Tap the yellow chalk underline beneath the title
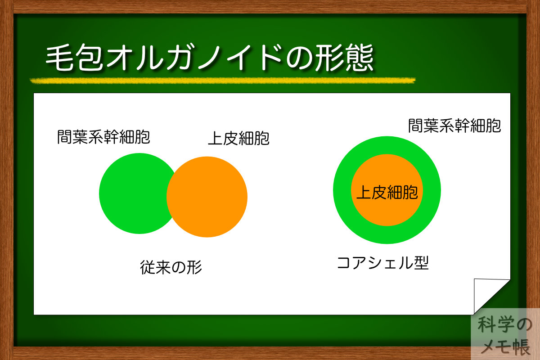(x=223, y=81)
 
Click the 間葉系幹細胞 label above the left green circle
(x=103, y=136)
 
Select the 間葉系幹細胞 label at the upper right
(x=454, y=126)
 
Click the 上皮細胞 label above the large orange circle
(x=238, y=139)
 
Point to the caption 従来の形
(x=171, y=268)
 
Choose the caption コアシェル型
(x=383, y=262)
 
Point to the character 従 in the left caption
(x=148, y=268)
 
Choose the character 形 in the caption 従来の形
(x=194, y=268)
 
